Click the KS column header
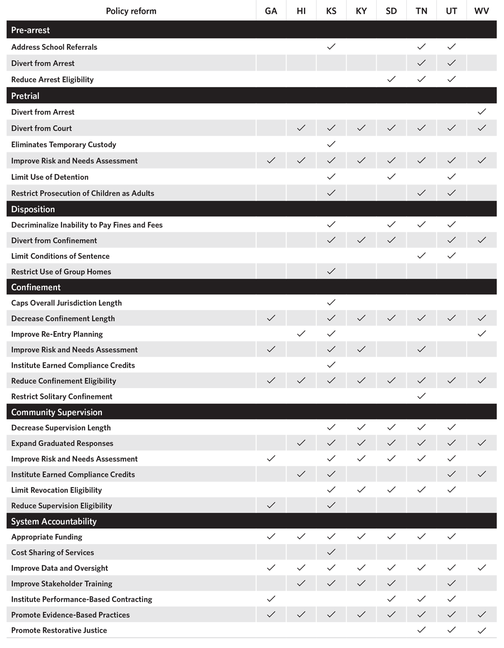coord(331,11)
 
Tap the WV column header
coord(481,11)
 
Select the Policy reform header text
coord(131,11)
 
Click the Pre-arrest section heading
coord(31,30)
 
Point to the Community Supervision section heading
coord(57,412)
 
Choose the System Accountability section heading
coord(53,521)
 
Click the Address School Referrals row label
coord(54,47)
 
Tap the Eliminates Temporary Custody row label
coord(64,145)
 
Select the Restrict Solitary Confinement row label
coord(62,396)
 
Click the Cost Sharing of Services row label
coord(52,552)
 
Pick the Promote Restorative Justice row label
coord(59,630)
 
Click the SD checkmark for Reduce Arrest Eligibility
coord(391,79)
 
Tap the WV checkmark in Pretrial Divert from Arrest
coord(482,112)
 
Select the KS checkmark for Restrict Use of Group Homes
coord(331,271)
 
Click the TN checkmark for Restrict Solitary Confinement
coord(421,396)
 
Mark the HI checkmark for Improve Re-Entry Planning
coord(301,334)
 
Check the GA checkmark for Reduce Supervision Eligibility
coord(271,505)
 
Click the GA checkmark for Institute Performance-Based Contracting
coord(271,599)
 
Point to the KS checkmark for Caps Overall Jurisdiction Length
coord(331,302)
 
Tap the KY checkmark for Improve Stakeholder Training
coord(361,583)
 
